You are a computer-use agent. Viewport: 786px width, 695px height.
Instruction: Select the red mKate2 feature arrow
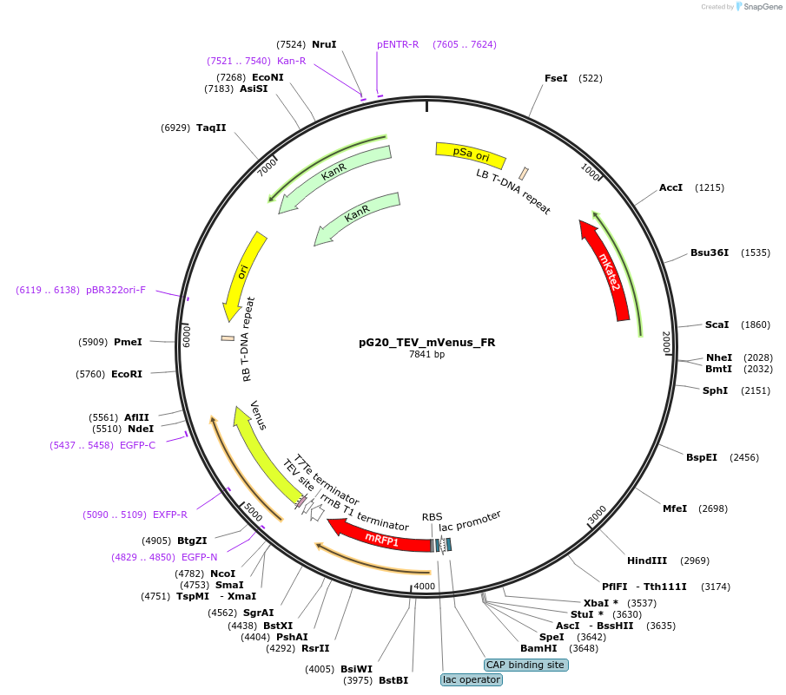click(x=610, y=269)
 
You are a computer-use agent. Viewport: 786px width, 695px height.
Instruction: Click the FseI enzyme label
click(x=556, y=78)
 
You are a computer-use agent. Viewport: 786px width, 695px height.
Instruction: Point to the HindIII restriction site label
click(x=648, y=561)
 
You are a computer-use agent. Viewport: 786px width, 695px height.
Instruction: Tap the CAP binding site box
click(x=525, y=665)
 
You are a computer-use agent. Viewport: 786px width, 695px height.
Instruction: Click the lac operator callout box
click(x=472, y=679)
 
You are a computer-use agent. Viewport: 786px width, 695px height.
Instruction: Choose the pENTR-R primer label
click(x=398, y=44)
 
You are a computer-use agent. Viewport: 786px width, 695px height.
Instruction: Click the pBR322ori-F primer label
click(x=116, y=290)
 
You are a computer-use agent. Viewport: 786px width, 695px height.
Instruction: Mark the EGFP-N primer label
click(x=200, y=557)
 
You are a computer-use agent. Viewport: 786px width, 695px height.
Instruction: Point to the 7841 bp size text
click(x=426, y=354)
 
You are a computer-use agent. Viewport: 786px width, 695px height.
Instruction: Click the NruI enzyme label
click(x=324, y=44)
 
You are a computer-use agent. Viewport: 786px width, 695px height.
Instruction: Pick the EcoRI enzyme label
click(x=127, y=374)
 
